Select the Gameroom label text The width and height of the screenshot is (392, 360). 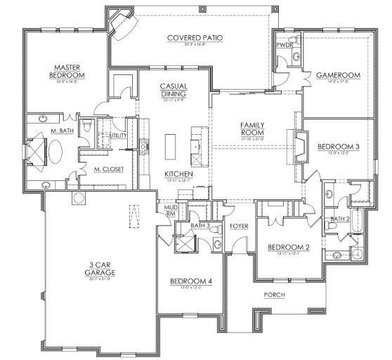click(x=337, y=74)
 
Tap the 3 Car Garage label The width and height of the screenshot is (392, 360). click(x=102, y=268)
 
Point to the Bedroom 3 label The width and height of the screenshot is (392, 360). click(x=338, y=147)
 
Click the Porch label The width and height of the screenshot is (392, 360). click(x=274, y=295)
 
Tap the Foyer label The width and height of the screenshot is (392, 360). click(x=240, y=225)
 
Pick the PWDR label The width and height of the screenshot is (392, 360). click(x=285, y=44)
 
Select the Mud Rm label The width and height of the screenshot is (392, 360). click(x=170, y=211)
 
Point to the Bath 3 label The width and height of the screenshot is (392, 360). click(x=200, y=225)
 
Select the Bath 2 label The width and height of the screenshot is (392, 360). click(x=340, y=219)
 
